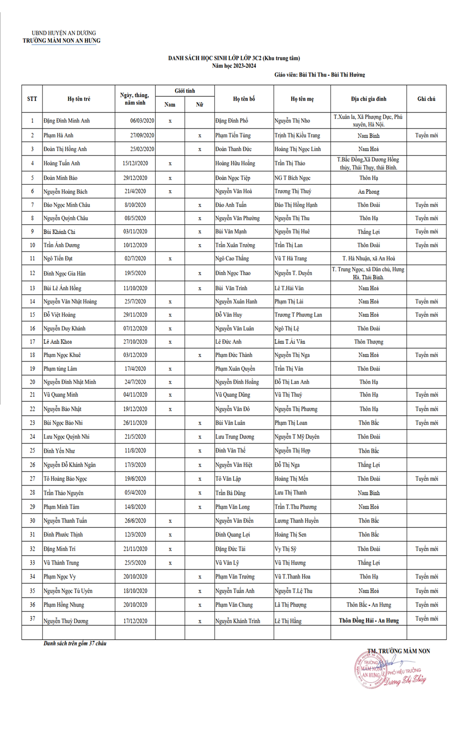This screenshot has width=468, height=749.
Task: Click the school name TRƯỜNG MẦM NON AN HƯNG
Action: (61, 41)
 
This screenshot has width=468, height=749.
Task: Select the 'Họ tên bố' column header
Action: (244, 99)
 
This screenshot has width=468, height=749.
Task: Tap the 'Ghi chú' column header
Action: (426, 99)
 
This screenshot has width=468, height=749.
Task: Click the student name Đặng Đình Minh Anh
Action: (67, 121)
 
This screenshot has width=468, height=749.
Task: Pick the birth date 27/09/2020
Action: (142, 135)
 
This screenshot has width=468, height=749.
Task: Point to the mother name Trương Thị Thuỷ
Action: (293, 191)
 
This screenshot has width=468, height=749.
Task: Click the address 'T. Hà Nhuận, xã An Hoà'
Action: (369, 259)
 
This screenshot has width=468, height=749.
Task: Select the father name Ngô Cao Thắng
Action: (232, 259)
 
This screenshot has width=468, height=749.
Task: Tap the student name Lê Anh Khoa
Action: (58, 342)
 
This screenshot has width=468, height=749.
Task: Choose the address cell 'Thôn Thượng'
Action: (369, 342)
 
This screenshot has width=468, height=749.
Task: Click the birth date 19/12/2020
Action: (135, 409)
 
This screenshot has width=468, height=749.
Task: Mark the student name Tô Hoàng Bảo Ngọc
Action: (65, 479)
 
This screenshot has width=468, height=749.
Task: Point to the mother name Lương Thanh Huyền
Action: (297, 521)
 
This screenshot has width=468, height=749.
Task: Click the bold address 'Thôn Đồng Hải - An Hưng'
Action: (369, 621)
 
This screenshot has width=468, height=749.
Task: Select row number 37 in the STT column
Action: (32, 619)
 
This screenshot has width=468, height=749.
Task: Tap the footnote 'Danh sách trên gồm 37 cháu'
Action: (75, 643)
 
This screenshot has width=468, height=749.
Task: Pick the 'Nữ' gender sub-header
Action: (200, 104)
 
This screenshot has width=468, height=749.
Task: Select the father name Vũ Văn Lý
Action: (227, 563)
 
